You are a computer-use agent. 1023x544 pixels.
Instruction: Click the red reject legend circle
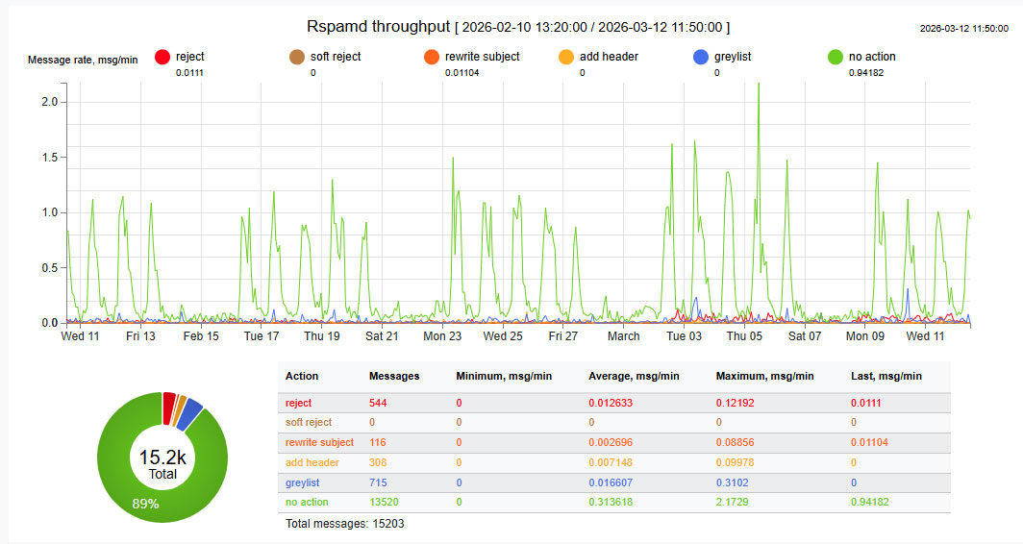[162, 58]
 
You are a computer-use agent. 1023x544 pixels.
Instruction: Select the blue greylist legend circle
[701, 58]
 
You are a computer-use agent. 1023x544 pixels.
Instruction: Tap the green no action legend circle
[836, 58]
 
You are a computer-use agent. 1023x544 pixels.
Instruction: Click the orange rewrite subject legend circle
[432, 58]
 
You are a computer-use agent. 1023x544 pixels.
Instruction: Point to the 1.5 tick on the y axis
[50, 157]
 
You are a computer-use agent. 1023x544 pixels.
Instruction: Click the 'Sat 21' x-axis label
[382, 336]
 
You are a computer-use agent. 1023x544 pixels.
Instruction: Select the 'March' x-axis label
[623, 336]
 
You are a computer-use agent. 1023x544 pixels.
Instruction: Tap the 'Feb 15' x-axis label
[201, 336]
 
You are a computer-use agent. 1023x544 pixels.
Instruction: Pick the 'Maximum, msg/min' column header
[764, 376]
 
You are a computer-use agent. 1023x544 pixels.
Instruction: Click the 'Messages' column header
[394, 376]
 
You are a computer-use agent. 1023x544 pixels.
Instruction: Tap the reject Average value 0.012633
[611, 403]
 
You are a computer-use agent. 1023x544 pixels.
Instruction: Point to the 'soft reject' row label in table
[309, 422]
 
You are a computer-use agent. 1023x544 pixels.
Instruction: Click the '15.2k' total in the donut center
[162, 457]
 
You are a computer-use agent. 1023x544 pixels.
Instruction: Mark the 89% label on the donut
[146, 503]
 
